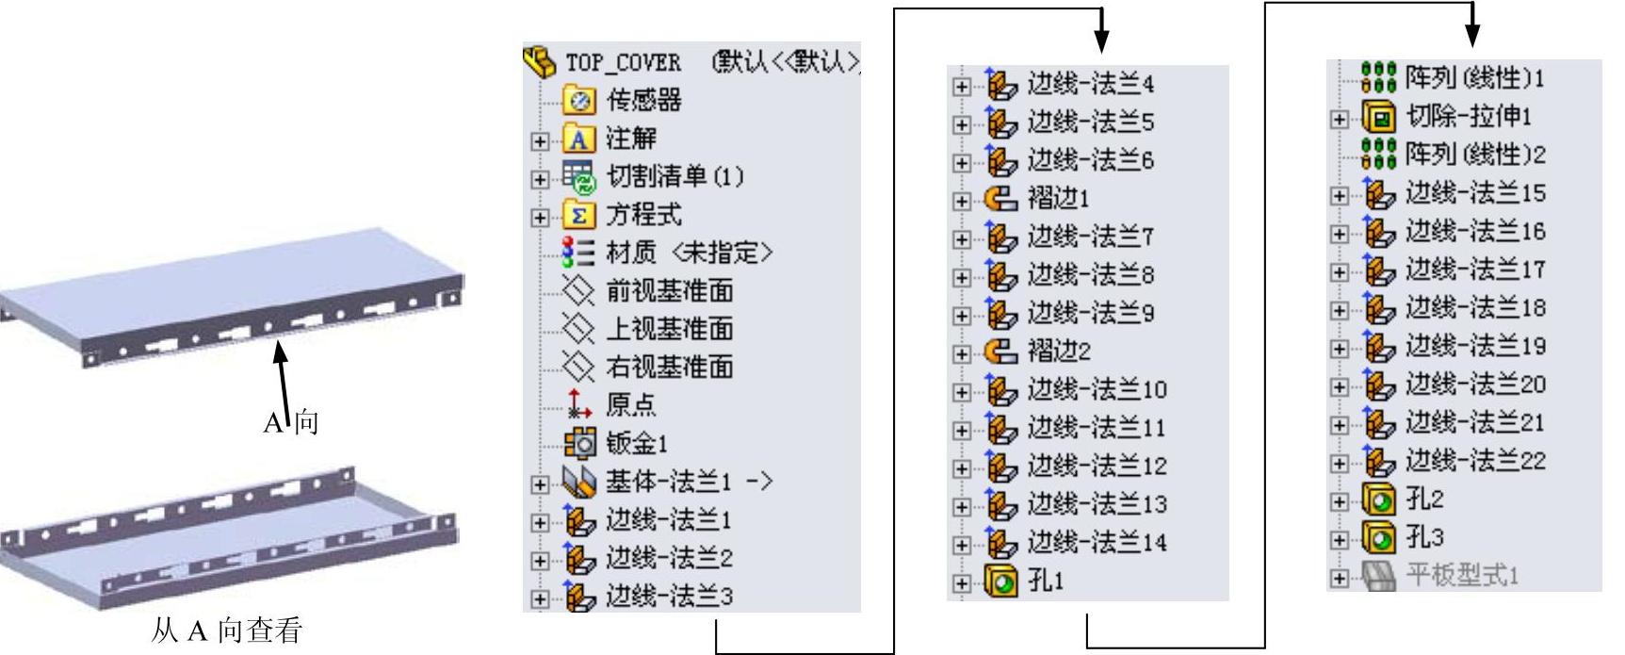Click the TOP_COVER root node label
(x=623, y=62)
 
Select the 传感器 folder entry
(x=643, y=100)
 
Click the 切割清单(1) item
(x=674, y=176)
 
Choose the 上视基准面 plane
(x=669, y=329)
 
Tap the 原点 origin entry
(x=630, y=405)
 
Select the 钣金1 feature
(x=636, y=443)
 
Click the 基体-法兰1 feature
(x=668, y=482)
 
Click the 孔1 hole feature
(x=1045, y=581)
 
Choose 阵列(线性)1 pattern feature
(x=1474, y=77)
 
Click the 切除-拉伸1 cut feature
(x=1469, y=116)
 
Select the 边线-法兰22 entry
(x=1475, y=461)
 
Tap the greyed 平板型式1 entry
(x=1462, y=576)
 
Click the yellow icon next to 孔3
(x=1378, y=538)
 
